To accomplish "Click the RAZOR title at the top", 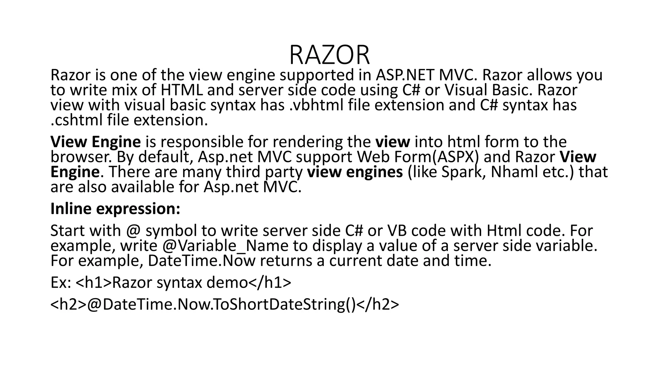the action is coord(329,55).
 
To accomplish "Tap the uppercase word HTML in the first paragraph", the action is coord(181,90).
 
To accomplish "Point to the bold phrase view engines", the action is coord(355,172).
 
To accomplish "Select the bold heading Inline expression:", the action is coord(115,209).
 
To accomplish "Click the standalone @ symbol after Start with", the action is coord(134,231).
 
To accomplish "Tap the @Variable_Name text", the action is coord(225,246).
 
